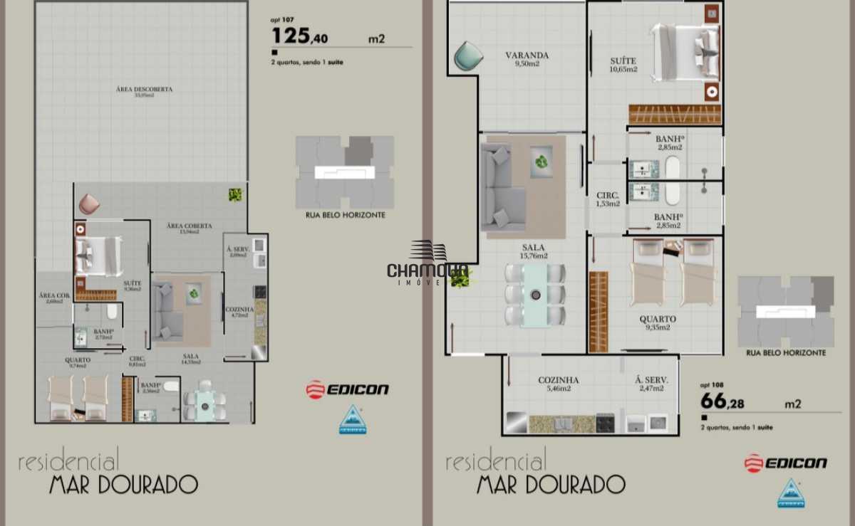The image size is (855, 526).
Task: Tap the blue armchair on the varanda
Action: tap(468, 56)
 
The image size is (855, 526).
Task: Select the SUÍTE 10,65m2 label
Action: tap(623, 65)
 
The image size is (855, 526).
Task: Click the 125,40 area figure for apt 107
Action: tap(300, 36)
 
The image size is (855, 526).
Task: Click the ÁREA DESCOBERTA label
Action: tap(145, 92)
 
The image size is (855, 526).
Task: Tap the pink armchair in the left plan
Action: tap(89, 204)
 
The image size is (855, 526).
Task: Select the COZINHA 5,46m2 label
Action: tap(558, 384)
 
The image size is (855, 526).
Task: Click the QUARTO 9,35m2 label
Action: tap(658, 323)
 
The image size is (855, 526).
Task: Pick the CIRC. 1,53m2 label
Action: tap(608, 199)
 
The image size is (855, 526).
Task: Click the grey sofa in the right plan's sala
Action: tap(502, 187)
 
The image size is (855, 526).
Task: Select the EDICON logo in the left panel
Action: tap(348, 389)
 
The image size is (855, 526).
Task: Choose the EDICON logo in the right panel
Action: tap(786, 463)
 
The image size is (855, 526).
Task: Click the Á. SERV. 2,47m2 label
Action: tap(651, 384)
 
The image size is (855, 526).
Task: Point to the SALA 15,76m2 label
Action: tap(533, 251)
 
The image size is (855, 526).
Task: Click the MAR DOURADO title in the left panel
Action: tap(123, 485)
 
